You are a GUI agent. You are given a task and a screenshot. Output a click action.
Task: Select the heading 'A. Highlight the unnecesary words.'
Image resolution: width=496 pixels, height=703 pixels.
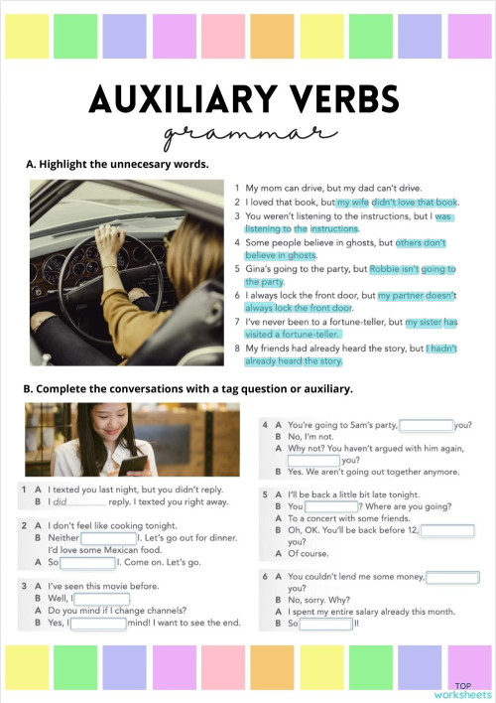point(117,164)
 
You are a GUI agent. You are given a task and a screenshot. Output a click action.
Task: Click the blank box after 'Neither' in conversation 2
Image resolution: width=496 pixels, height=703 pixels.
point(94,537)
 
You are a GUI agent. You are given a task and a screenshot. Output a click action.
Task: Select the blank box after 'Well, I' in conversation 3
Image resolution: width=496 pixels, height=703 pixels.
point(100,599)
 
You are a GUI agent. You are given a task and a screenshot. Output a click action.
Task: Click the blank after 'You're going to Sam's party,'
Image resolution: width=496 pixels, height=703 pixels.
point(426,425)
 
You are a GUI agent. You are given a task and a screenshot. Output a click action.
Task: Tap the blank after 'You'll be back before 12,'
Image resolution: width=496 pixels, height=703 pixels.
point(449,530)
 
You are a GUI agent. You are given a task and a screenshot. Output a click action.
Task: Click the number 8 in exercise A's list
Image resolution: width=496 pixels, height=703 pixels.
point(237,349)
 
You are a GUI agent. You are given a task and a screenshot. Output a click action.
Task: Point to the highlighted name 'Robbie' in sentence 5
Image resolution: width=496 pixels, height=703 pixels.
point(387,268)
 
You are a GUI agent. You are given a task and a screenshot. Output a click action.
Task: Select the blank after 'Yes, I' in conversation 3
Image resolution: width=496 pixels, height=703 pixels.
point(98,624)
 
